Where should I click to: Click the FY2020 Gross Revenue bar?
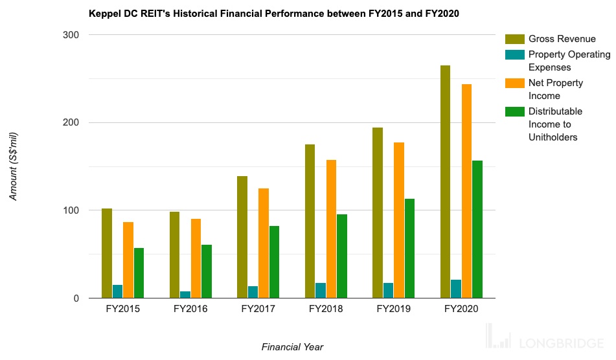tap(445, 182)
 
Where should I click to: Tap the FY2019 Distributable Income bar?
tap(409, 249)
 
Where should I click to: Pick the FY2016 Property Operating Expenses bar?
tap(185, 295)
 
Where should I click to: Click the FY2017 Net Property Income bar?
tap(264, 243)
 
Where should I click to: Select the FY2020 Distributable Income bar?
tap(477, 229)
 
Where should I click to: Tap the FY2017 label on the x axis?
tap(258, 309)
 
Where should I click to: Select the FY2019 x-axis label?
tap(393, 309)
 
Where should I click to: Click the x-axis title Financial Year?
tap(292, 347)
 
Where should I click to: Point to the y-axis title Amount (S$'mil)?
tap(14, 166)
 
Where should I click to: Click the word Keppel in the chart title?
tap(104, 14)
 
